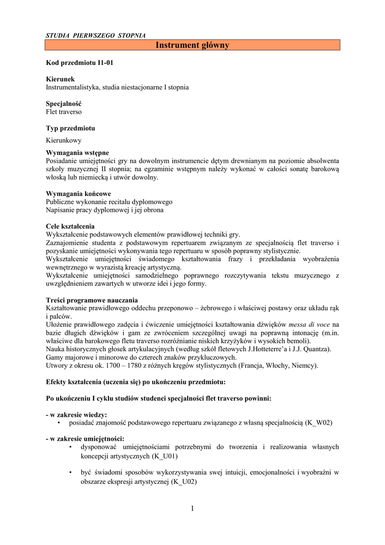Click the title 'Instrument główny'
coord(192,45)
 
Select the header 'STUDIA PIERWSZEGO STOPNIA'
coord(96,35)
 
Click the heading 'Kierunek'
coord(61,79)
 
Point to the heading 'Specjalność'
coord(64,104)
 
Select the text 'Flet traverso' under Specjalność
coord(64,112)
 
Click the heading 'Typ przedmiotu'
coord(71,128)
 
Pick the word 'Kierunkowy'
coord(64,141)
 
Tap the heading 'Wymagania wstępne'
coord(77,153)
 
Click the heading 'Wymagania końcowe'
coord(78,194)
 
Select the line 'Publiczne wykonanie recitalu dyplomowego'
coord(109,202)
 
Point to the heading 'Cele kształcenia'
coord(70,226)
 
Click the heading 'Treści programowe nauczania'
coord(92,300)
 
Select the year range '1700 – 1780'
coord(134,366)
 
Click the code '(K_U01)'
coord(165,456)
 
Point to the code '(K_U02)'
coord(183,481)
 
